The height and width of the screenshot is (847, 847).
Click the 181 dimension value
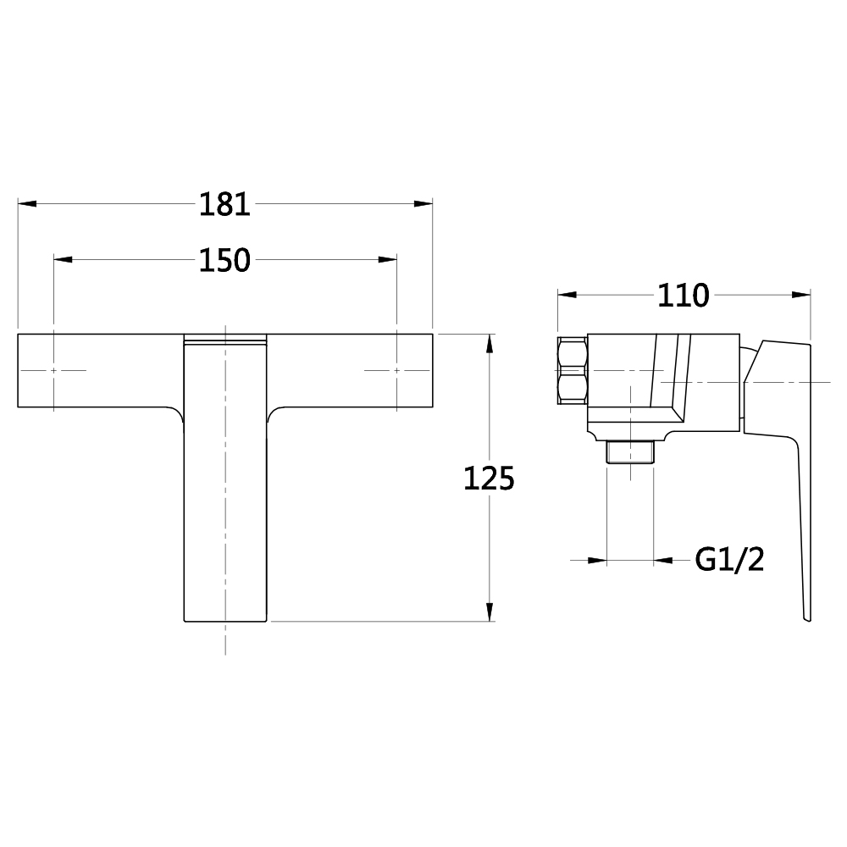(224, 204)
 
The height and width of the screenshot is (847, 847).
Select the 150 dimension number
(224, 260)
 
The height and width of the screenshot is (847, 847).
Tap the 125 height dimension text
(489, 479)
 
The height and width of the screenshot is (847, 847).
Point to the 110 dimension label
(683, 296)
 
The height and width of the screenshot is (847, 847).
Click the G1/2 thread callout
(730, 560)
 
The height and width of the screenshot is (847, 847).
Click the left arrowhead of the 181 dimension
(27, 203)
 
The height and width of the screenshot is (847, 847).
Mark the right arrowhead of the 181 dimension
(423, 203)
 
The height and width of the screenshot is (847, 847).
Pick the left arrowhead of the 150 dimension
(64, 260)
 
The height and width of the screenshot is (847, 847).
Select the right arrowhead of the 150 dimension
(387, 260)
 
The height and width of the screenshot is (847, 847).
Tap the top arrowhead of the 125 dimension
(490, 344)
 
